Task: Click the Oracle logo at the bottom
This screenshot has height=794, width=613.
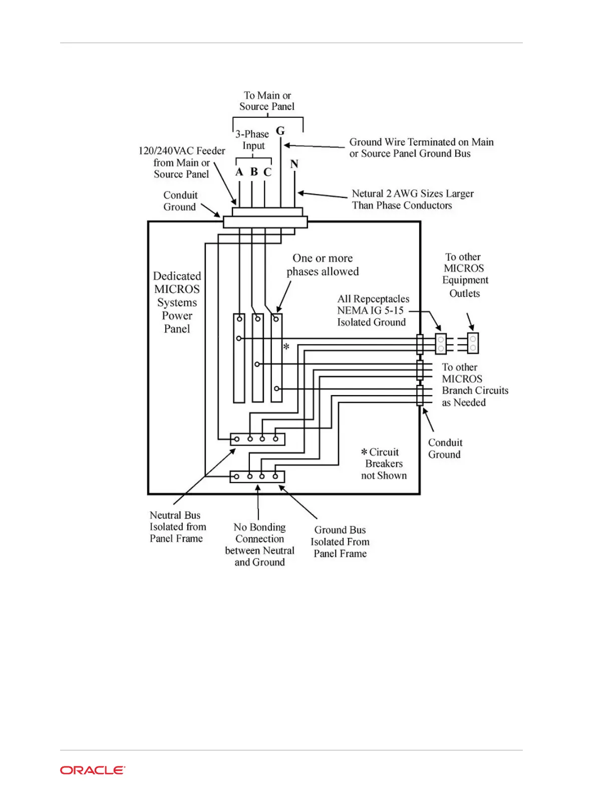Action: click(93, 770)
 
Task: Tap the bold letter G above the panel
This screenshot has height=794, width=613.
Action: click(280, 131)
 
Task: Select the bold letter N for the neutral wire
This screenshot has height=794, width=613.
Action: click(294, 164)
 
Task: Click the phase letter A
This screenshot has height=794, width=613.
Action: click(239, 172)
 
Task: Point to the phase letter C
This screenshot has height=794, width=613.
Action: click(267, 172)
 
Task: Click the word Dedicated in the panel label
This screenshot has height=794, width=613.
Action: click(177, 276)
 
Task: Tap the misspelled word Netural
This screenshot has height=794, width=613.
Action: click(367, 193)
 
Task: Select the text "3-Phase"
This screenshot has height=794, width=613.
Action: click(252, 134)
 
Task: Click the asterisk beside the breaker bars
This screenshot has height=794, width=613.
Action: click(286, 347)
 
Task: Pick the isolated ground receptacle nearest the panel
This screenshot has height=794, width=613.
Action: click(441, 343)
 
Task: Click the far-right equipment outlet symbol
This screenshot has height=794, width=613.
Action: click(473, 343)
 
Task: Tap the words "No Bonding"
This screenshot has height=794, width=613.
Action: click(259, 527)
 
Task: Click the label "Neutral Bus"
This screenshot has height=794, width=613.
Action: click(175, 515)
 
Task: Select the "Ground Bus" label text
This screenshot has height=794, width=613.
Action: click(340, 530)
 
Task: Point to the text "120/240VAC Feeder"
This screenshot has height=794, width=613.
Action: click(182, 151)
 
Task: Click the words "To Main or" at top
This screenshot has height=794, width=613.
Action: click(267, 95)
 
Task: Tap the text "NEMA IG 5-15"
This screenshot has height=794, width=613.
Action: click(370, 310)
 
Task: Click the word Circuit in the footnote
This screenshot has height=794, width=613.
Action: click(384, 452)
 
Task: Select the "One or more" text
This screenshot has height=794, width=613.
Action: click(323, 258)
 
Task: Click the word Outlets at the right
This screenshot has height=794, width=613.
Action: click(464, 294)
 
